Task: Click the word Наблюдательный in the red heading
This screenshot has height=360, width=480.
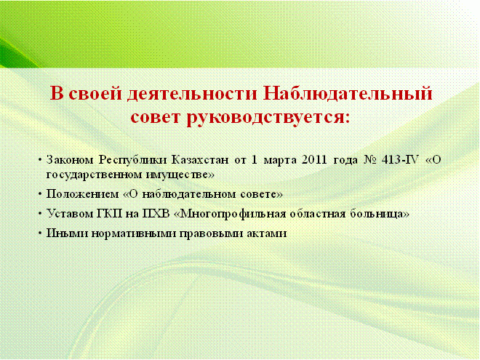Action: coord(348,93)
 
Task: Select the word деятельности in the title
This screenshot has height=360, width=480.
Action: coord(192,94)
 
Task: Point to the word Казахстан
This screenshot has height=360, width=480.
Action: coord(200,160)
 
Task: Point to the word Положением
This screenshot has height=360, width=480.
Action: coord(82,194)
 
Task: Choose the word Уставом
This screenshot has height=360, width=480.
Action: coord(69,213)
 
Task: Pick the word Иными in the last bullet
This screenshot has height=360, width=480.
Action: coord(67,233)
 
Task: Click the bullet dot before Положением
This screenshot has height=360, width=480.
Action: coord(40,194)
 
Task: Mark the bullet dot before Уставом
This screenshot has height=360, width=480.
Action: coord(40,214)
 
